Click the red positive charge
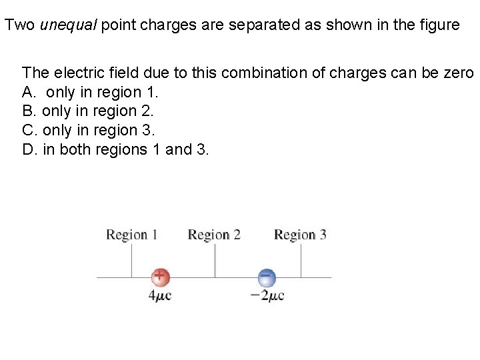[160, 277]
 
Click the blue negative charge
[266, 277]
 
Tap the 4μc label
[160, 295]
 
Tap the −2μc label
[267, 295]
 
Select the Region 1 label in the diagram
[132, 235]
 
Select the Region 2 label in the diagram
[214, 235]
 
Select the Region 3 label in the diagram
[300, 235]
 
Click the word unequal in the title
[63, 25]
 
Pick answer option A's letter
[27, 92]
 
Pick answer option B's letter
[27, 111]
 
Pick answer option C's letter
[27, 131]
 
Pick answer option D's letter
[27, 149]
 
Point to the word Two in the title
[19, 25]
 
